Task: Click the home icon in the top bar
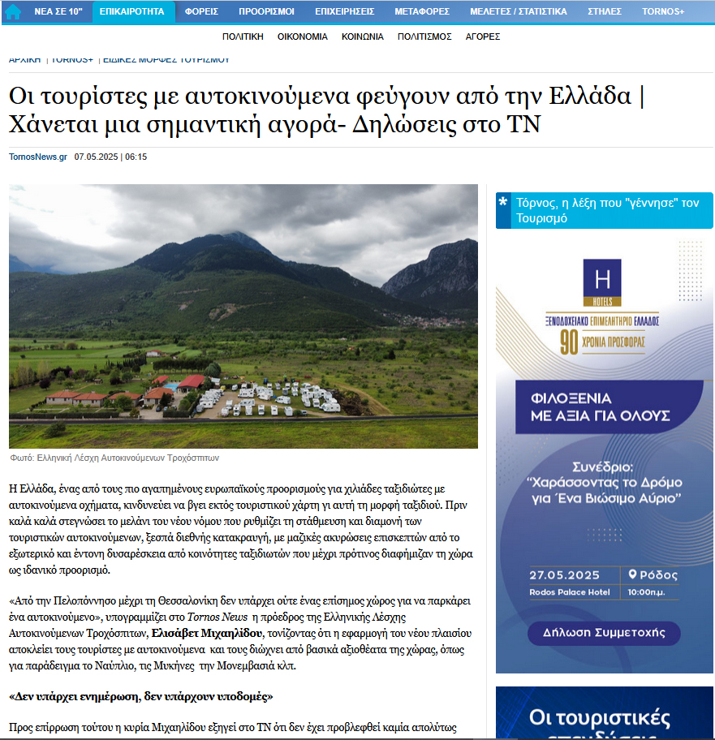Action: [x=12, y=11]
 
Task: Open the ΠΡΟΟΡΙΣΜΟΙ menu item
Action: [x=266, y=11]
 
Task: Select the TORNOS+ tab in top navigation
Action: [x=663, y=11]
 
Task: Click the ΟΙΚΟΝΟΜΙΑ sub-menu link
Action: [x=302, y=37]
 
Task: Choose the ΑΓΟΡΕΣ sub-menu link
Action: [x=482, y=37]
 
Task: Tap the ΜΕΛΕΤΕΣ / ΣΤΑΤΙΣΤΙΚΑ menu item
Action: [x=519, y=11]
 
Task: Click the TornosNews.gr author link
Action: [x=38, y=157]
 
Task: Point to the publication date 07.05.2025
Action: [x=96, y=157]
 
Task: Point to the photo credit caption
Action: [x=114, y=458]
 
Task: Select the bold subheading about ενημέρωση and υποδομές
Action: [x=141, y=696]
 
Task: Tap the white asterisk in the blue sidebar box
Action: [x=504, y=203]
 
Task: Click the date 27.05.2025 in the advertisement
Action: [x=564, y=575]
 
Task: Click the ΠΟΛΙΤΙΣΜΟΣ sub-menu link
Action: [x=424, y=37]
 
